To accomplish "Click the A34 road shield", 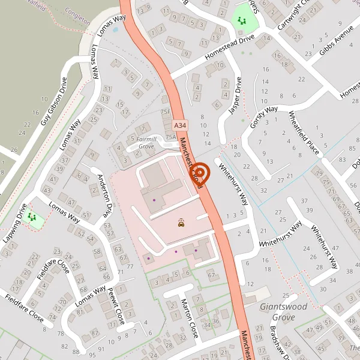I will (181, 125).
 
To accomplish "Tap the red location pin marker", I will (200, 173).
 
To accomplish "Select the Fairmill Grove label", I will (146, 142).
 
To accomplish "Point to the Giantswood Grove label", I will (283, 311).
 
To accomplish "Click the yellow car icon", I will (181, 223).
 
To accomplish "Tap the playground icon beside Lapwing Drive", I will (31, 217).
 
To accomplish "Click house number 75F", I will (166, 112).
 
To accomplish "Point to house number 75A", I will (170, 136).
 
